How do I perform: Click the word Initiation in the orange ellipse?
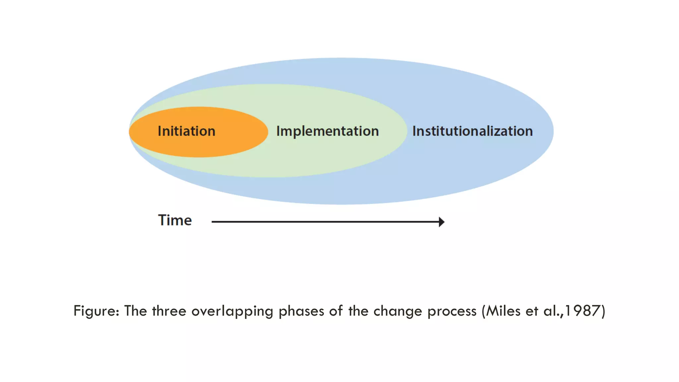tap(186, 131)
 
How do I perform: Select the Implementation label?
tap(328, 131)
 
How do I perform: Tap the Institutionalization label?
tap(472, 131)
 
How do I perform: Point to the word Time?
tap(175, 221)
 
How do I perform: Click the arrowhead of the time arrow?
tap(442, 222)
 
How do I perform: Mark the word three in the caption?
tap(169, 311)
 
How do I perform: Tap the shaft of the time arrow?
tap(325, 222)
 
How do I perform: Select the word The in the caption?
tap(135, 311)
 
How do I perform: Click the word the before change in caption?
tap(358, 311)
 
